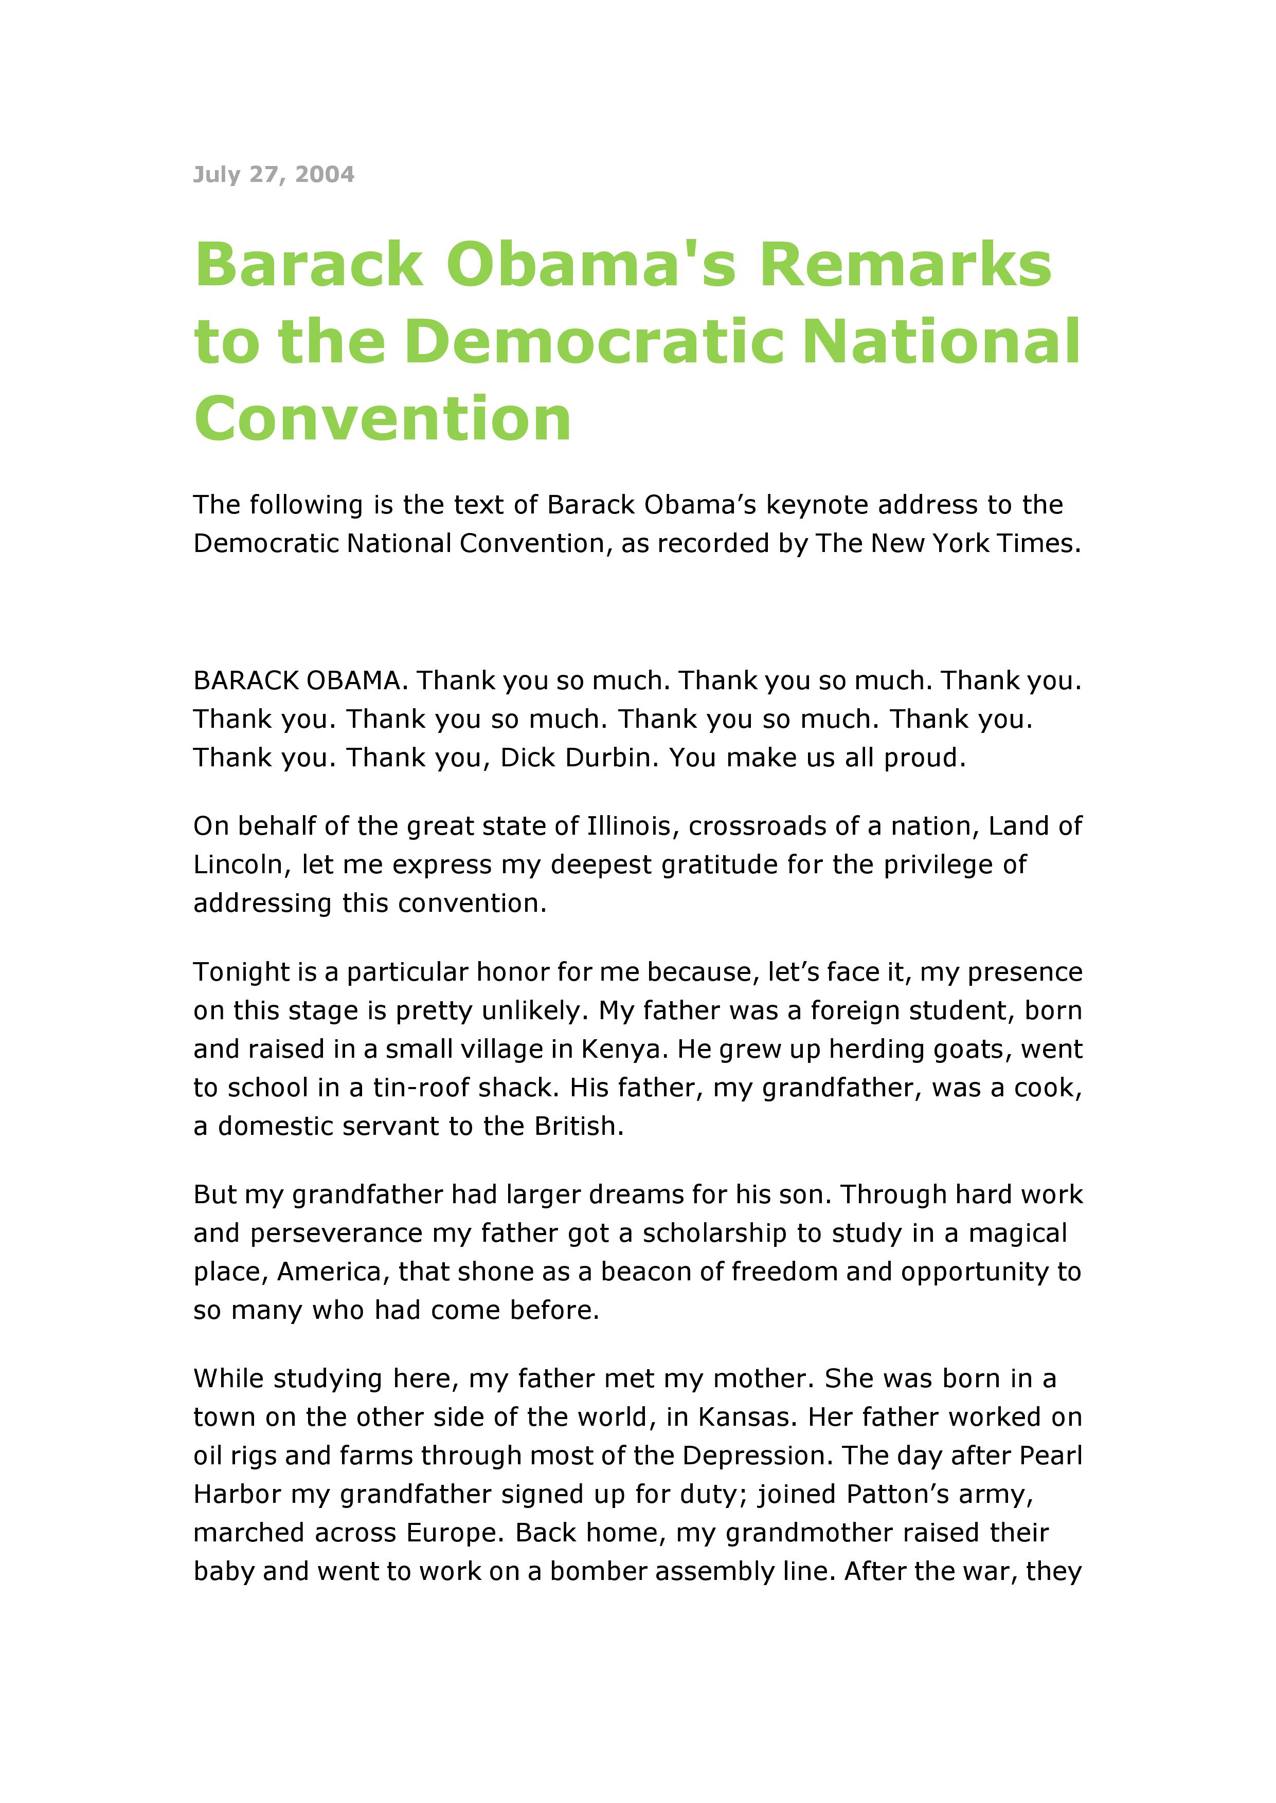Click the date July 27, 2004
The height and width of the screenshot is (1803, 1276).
[x=274, y=174]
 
